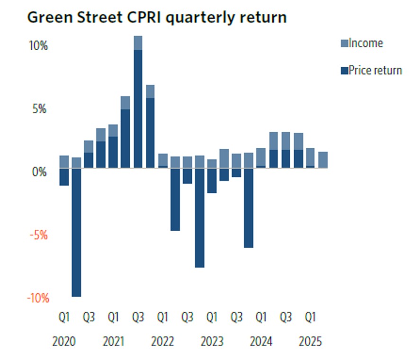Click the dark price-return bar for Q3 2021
pyautogui.click(x=138, y=108)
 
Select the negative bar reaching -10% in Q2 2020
pyautogui.click(x=76, y=232)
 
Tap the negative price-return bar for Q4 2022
pyautogui.click(x=199, y=217)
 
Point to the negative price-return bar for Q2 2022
pyautogui.click(x=175, y=199)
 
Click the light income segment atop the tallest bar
pyautogui.click(x=138, y=43)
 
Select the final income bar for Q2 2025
pyautogui.click(x=322, y=160)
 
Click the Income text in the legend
pyautogui.click(x=366, y=44)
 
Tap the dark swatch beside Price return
pyautogui.click(x=344, y=71)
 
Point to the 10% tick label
pyautogui.click(x=38, y=46)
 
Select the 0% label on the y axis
pyautogui.click(x=39, y=172)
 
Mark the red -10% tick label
pyautogui.click(x=37, y=298)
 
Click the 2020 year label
pyautogui.click(x=64, y=342)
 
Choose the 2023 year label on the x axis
pyautogui.click(x=212, y=342)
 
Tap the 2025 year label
pyautogui.click(x=310, y=342)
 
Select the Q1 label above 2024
pyautogui.click(x=261, y=317)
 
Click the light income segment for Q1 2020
pyautogui.click(x=64, y=162)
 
